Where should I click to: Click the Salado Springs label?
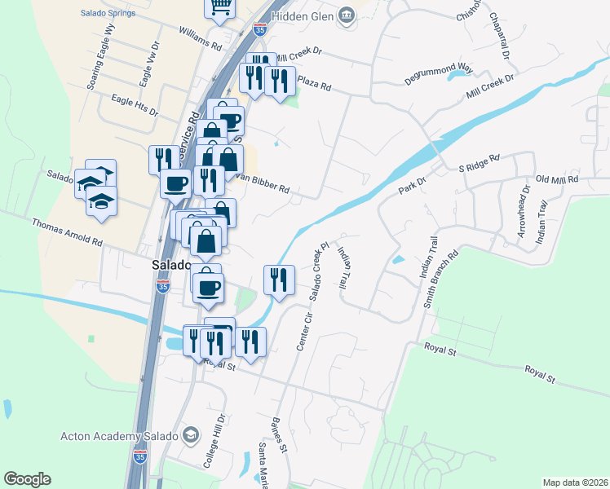click(x=113, y=13)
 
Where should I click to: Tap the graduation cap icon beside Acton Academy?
click(x=190, y=434)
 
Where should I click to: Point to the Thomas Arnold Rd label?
click(x=67, y=232)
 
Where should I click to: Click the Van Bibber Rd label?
click(x=263, y=183)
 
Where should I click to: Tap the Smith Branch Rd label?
click(x=441, y=280)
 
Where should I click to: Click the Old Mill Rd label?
click(x=556, y=178)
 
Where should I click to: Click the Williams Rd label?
click(x=200, y=37)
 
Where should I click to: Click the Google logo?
click(x=27, y=479)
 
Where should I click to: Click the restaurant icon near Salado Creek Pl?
click(x=279, y=280)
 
